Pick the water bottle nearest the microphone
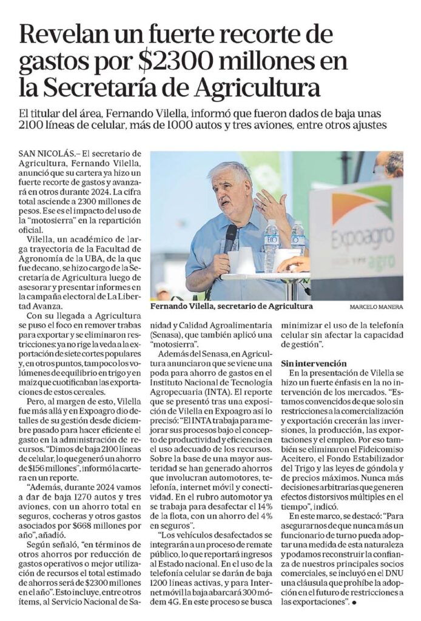pos(271,246)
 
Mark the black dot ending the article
pos(354,600)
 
